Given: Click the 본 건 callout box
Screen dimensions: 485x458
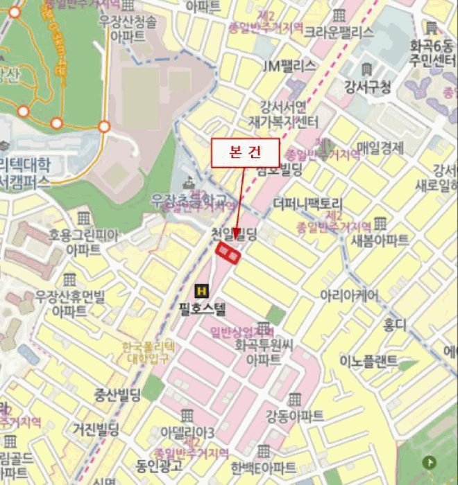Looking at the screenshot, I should click(245, 152).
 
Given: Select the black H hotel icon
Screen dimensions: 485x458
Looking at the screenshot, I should click(202, 290).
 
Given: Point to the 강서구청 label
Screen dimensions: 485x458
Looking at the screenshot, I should click(367, 87).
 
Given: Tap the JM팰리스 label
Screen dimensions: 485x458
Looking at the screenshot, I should click(289, 66).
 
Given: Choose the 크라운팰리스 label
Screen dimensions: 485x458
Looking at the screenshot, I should click(339, 32).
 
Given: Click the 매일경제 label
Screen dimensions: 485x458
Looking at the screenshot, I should click(380, 147).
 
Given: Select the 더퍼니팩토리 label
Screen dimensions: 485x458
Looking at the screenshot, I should click(308, 204).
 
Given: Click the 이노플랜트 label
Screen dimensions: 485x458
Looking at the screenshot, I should click(368, 361).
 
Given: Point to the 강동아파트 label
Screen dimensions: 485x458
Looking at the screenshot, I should click(294, 416).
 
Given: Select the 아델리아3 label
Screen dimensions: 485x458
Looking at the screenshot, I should click(187, 431).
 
